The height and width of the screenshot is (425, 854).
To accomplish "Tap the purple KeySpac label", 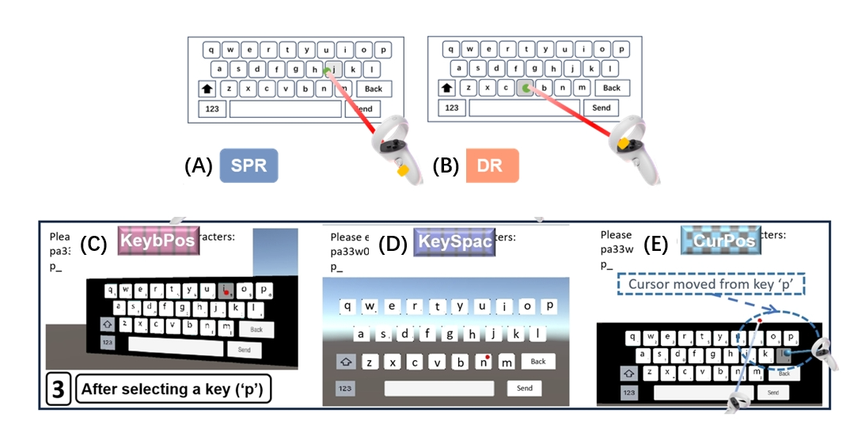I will pos(455,241).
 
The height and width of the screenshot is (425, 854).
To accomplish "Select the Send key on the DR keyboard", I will pos(602,108).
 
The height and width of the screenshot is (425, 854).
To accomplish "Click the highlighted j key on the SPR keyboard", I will pos(333,70).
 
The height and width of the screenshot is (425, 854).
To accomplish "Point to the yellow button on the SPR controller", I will pos(404,169).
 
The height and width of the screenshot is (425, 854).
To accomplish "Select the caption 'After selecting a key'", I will pos(173,389).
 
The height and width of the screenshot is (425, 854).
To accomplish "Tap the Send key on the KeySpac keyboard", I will pos(524,388).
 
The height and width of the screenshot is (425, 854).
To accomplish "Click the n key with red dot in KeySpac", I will pos(484,362).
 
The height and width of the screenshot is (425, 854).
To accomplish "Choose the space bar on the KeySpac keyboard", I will pos(439,388).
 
